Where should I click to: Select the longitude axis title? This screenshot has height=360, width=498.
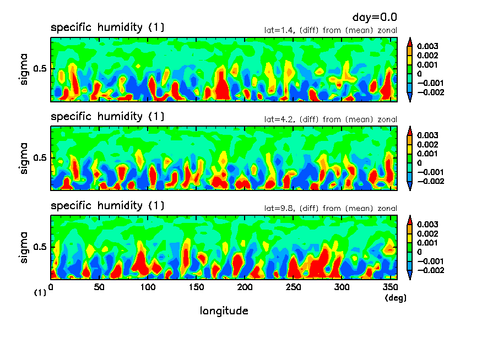point(224,311)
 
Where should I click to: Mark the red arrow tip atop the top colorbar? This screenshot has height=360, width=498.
point(409,40)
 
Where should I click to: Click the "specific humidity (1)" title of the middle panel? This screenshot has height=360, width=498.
point(107,117)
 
